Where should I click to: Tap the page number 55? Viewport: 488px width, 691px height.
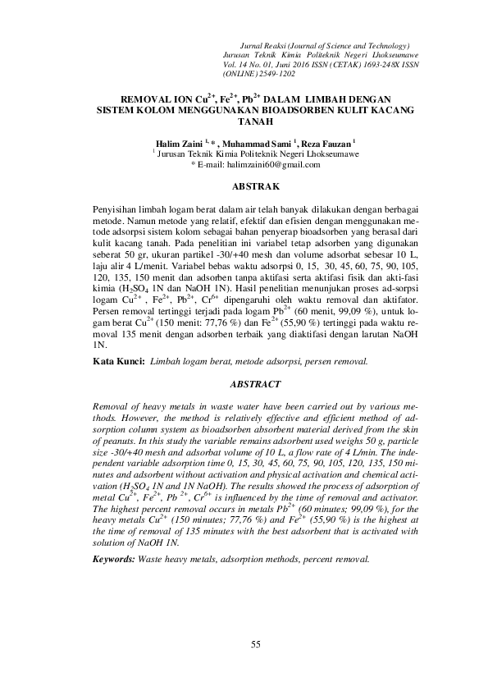255,643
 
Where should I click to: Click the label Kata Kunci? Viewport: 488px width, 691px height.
118,360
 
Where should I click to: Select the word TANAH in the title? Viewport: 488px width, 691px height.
254,119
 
